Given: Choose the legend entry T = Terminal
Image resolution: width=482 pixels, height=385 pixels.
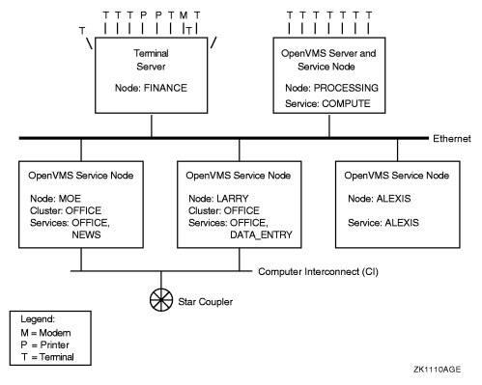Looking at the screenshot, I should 46,357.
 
